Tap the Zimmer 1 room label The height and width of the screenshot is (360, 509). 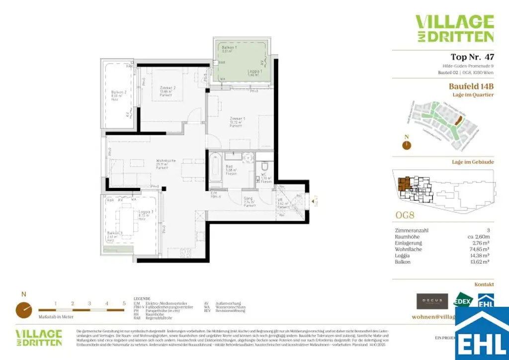(237, 118)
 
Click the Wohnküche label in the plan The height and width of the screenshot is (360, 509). (165, 161)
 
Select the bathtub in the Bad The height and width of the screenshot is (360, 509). (216, 169)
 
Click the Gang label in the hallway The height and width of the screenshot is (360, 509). (249, 198)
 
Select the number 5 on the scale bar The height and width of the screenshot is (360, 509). (124, 303)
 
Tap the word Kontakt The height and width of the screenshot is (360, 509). (484, 284)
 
